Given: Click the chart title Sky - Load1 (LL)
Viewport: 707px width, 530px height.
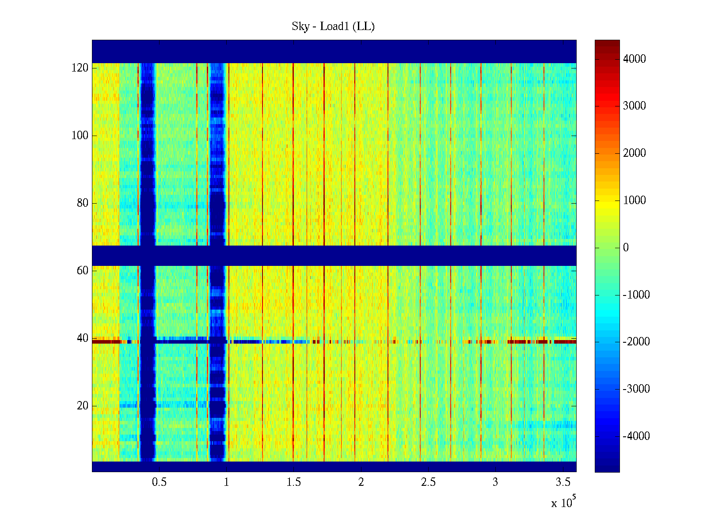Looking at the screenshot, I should pos(333,26).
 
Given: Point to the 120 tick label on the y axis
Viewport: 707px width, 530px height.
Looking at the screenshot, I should pos(80,68).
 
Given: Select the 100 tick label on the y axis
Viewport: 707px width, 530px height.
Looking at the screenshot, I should pos(80,136).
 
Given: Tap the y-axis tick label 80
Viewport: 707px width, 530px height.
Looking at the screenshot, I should pos(83,203).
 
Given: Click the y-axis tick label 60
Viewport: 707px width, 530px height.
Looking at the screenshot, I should pos(83,271).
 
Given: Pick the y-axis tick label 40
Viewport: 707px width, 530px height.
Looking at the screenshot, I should pos(83,338).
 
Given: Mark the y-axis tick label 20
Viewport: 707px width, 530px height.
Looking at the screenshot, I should pos(83,406).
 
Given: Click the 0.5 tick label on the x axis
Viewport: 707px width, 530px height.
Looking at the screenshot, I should pos(159,482).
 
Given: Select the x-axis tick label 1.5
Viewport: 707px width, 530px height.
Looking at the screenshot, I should pos(293,482).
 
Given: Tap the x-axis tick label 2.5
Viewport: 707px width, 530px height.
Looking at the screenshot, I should pos(428,482).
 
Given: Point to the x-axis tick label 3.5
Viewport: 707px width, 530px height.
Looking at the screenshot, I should pos(563,482).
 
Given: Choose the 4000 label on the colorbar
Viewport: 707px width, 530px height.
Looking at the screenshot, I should pos(635,59).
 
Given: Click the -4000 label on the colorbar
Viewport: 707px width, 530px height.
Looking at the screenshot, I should pos(636,436).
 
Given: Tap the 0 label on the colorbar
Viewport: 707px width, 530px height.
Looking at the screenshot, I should pos(626,248).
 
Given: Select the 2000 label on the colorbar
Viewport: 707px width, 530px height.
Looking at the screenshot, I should pos(635,153).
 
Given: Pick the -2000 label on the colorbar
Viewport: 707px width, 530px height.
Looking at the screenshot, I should pos(636,342).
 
